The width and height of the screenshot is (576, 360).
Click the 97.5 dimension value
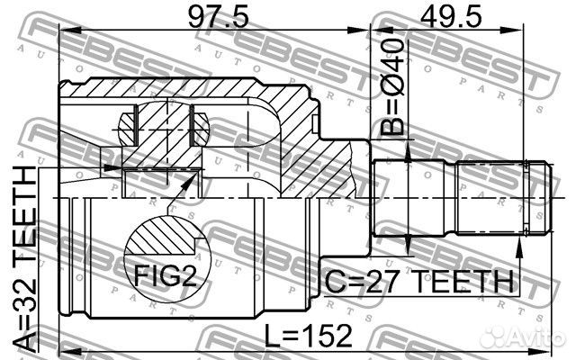218,16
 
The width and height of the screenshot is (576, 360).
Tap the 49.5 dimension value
451,16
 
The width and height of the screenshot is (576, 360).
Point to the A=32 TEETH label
25,258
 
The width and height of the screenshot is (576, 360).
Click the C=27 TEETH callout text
419,282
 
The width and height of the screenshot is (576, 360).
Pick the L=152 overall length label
308,336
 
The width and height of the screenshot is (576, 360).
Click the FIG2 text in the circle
166,276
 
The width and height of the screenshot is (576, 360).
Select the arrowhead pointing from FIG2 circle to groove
188,182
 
